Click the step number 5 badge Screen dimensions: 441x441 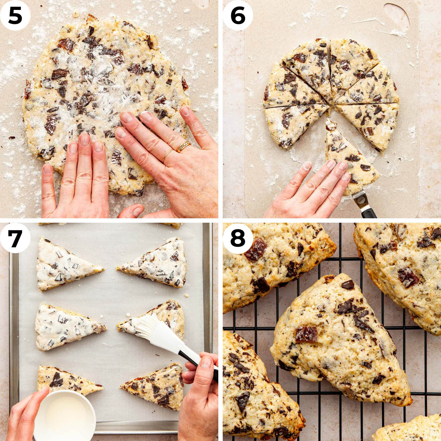click(x=15, y=15)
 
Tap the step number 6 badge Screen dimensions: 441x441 click(x=238, y=15)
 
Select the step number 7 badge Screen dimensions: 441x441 click(x=15, y=238)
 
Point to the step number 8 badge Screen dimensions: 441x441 click(x=238, y=238)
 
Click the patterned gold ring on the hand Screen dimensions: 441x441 click(x=183, y=146)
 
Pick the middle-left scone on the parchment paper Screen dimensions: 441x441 click(x=66, y=327)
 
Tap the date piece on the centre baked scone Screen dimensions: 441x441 click(x=306, y=334)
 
